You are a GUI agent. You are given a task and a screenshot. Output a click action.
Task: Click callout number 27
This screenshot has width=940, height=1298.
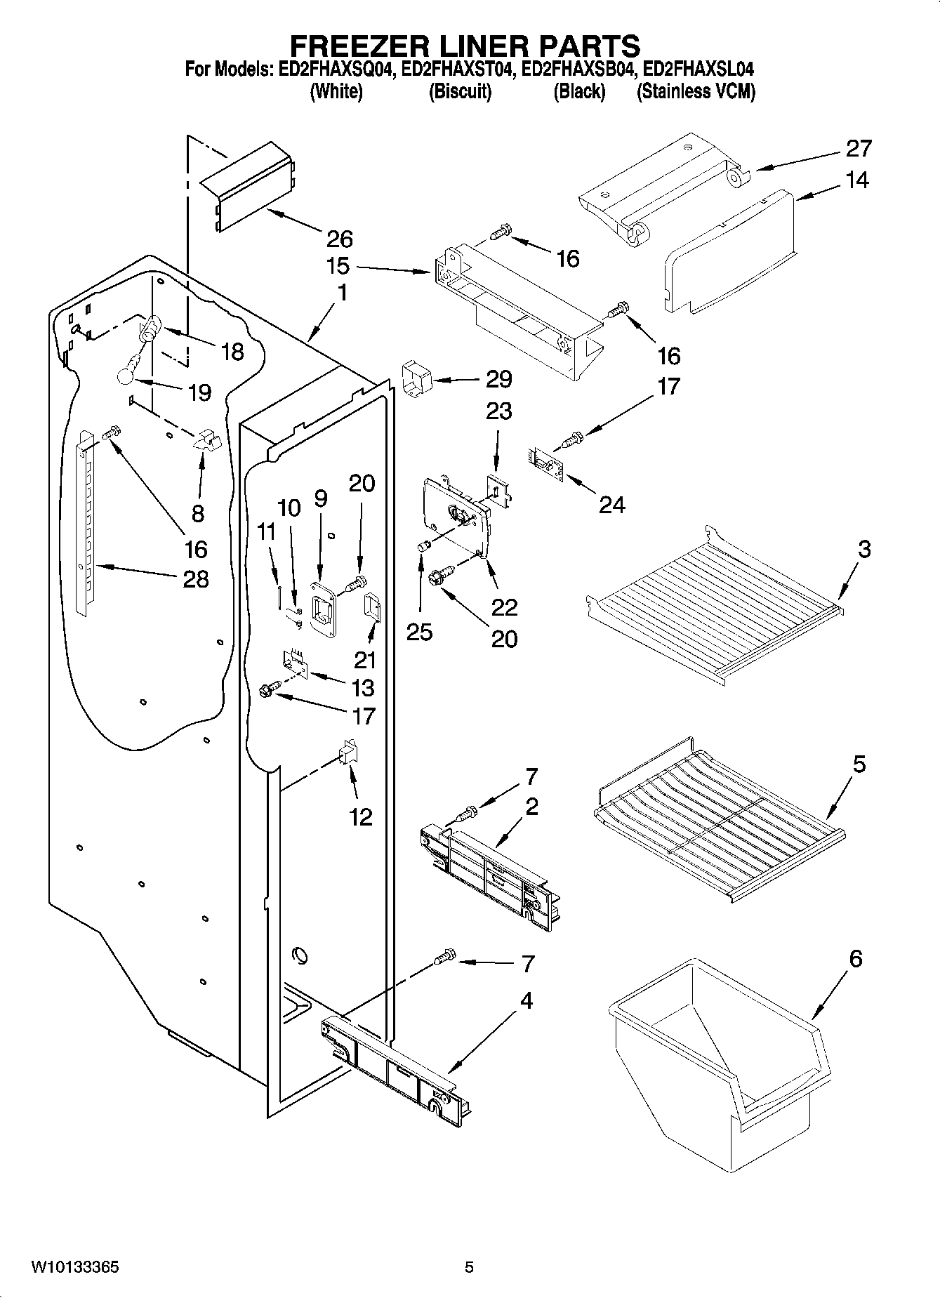(859, 149)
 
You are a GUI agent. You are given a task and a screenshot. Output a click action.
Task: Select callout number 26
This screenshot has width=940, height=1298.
(340, 239)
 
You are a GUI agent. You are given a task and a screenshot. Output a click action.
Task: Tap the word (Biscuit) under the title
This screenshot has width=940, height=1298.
(460, 92)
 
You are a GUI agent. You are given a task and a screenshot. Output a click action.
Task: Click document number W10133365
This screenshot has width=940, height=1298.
(74, 1268)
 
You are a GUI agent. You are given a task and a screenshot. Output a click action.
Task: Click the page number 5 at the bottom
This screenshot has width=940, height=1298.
(469, 1268)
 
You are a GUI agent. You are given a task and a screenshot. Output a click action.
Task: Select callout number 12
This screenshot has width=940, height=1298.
(361, 817)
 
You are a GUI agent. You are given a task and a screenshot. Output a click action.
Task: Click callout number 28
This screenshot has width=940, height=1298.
(196, 579)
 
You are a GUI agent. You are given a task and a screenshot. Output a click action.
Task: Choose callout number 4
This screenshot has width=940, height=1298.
(525, 1000)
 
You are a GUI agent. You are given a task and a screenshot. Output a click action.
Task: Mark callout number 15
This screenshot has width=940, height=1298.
(338, 267)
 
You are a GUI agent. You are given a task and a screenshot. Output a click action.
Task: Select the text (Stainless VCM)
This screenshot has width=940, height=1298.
(695, 92)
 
